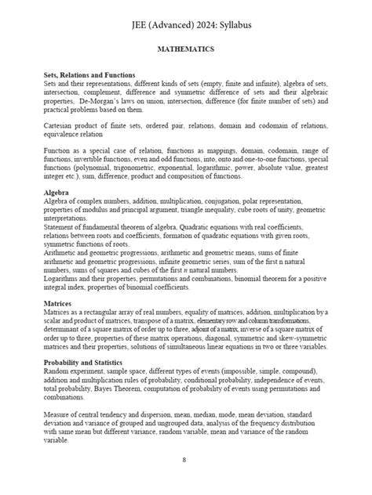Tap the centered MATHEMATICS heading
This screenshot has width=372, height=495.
tap(186, 49)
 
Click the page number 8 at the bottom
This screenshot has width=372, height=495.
tap(184, 459)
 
